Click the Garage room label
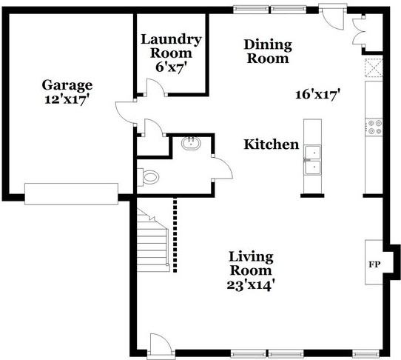point(67,85)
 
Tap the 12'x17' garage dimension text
point(67,99)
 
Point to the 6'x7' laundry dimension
point(171,66)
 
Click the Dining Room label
point(268,52)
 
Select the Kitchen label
point(272,144)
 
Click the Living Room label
point(251,264)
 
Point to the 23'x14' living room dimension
point(251,284)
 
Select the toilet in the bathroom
point(149,177)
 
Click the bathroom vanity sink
point(191,143)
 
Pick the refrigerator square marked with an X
point(374,67)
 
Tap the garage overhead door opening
point(71,194)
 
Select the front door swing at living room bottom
point(161,342)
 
